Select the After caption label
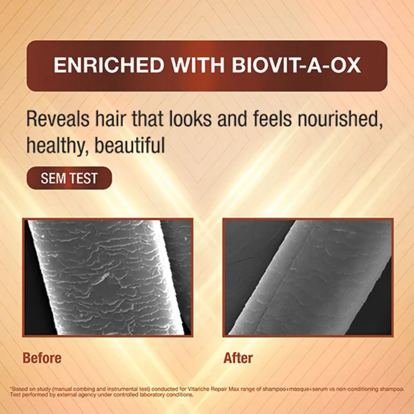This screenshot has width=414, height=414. click(238, 358)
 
